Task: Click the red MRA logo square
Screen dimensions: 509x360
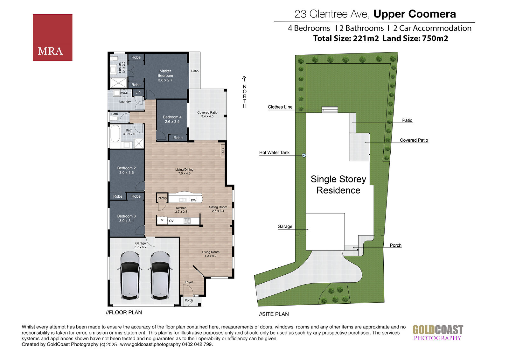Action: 52,38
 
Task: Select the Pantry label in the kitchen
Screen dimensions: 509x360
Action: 162,198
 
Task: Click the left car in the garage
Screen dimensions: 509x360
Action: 130,275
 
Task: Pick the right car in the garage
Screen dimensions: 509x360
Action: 160,275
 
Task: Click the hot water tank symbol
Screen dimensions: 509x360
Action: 304,155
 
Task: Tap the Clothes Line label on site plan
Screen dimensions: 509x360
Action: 280,107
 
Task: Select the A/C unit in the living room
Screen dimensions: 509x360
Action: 223,151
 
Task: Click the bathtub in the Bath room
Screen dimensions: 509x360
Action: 115,133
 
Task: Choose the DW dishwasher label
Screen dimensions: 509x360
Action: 193,200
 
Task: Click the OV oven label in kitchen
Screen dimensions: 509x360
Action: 171,221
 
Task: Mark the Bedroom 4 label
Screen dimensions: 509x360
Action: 172,119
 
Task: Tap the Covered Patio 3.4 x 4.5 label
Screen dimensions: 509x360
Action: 207,114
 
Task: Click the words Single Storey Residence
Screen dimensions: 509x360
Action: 338,185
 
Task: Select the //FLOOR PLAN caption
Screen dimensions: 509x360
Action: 124,312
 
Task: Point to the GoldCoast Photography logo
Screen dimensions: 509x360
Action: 438,333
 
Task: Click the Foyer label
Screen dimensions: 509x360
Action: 189,282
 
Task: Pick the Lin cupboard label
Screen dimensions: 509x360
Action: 138,92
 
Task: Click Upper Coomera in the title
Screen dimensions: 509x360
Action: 415,14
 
